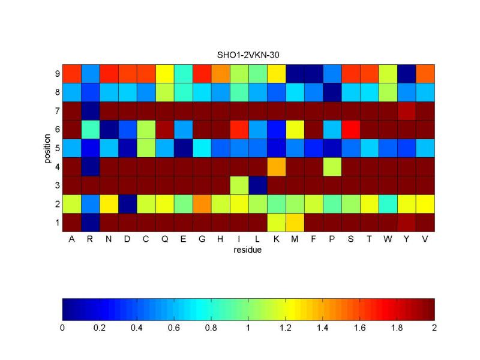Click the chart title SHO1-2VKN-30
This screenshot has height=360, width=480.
click(248, 55)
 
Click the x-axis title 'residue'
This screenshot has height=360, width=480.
click(248, 250)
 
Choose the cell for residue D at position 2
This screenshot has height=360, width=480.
click(128, 203)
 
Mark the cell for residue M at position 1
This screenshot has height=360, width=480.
click(295, 222)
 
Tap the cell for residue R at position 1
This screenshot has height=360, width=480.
click(91, 222)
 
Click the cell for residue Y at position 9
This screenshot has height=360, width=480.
click(407, 74)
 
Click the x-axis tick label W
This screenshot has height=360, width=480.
click(388, 238)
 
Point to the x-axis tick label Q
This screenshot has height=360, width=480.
click(165, 238)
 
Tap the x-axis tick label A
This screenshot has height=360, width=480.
click(72, 238)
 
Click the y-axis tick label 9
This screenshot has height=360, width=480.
click(57, 74)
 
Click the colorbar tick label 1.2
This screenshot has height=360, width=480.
click(286, 328)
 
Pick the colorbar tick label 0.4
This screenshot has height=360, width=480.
click(137, 328)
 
